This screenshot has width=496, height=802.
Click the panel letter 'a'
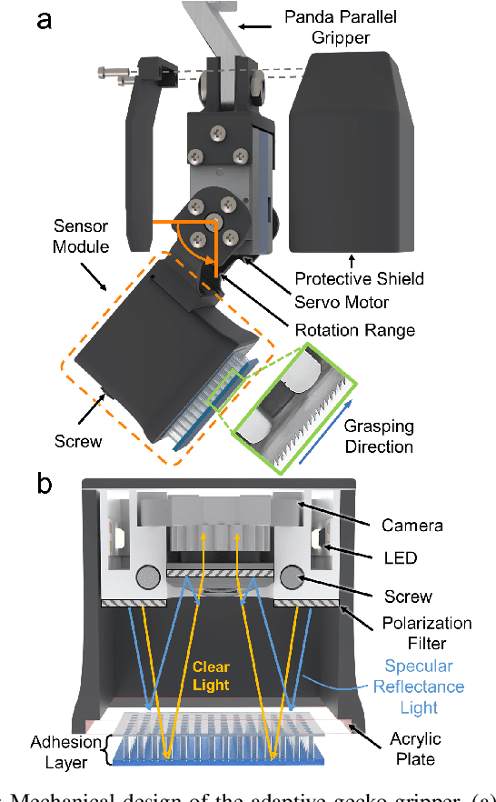tap(44, 20)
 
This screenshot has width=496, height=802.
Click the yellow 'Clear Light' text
tap(212, 675)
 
